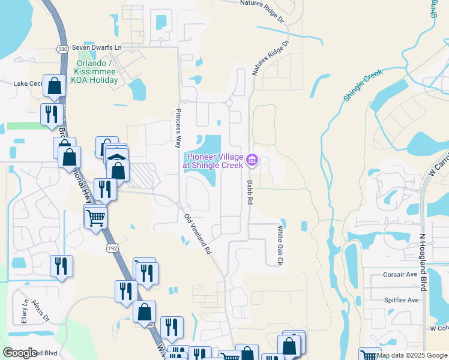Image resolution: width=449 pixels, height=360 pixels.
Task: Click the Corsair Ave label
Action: (x=400, y=275)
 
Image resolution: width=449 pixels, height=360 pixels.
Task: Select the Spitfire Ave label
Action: (x=400, y=300)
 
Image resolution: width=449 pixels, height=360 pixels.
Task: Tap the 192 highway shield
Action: (x=111, y=247)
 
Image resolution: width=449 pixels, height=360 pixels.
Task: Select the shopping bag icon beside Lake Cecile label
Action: (x=55, y=87)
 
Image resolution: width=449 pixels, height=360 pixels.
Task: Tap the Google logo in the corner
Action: (x=20, y=353)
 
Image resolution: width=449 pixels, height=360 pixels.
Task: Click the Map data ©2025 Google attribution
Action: (x=412, y=355)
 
